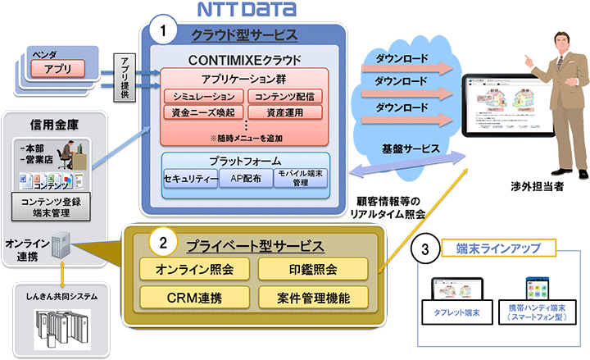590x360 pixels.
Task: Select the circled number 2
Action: click(164, 243)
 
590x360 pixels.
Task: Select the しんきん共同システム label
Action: click(63, 295)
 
